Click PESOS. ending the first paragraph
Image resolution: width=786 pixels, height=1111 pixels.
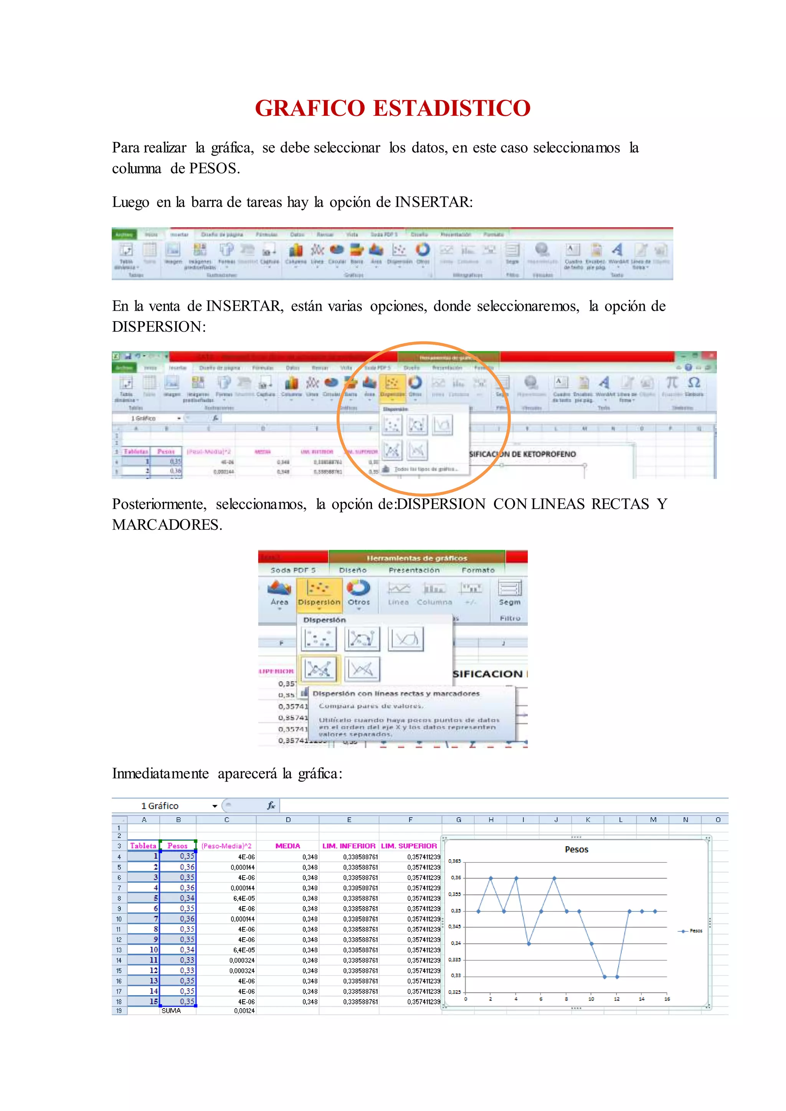click(x=215, y=168)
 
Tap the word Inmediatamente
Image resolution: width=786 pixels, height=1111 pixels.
click(x=160, y=773)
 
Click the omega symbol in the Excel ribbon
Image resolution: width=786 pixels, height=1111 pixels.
click(x=694, y=383)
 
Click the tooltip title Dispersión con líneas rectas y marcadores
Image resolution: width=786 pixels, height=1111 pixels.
click(x=395, y=693)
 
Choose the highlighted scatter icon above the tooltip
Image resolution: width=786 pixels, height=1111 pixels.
click(x=319, y=669)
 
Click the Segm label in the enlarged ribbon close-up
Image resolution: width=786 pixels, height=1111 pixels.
click(x=510, y=602)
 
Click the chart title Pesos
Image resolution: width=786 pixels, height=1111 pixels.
click(x=576, y=849)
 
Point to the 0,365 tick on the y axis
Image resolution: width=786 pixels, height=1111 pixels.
click(x=454, y=861)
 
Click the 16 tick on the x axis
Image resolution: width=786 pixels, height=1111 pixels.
click(x=667, y=999)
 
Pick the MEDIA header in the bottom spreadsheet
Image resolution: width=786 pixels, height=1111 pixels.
click(x=287, y=846)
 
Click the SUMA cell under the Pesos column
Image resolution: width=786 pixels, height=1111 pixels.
click(x=171, y=1011)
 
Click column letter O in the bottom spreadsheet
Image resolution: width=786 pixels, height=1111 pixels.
click(x=718, y=820)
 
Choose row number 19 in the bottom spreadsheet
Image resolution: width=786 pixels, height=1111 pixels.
click(x=119, y=1011)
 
